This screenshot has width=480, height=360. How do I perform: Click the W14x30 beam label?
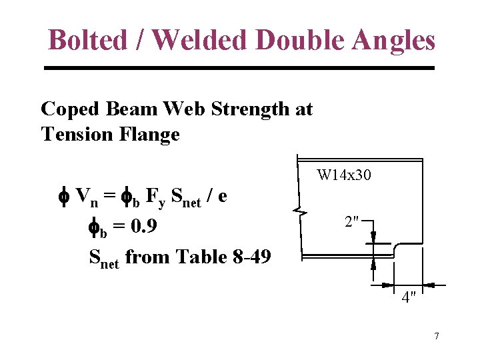tap(344, 176)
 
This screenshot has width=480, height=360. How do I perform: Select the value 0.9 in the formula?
tap(144, 227)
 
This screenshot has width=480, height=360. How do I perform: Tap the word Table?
tap(197, 256)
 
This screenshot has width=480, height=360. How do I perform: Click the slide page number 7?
tap(437, 336)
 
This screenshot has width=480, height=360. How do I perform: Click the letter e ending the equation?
tap(222, 197)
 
